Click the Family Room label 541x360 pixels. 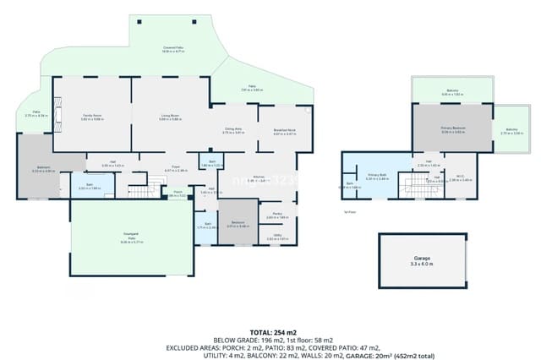91,116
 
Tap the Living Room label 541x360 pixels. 170,116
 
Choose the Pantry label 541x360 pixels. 277,215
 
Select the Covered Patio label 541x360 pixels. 174,49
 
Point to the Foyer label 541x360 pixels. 177,168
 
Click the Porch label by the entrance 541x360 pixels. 178,194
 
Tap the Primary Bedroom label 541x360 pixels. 452,129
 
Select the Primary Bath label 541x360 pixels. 376,177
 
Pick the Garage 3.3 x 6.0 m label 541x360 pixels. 422,261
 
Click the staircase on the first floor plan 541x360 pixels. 417,186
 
